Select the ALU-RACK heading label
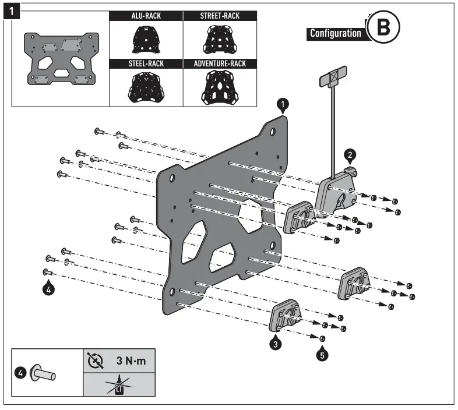pyautogui.click(x=145, y=16)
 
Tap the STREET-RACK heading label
pyautogui.click(x=220, y=16)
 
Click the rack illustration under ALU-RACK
pyautogui.click(x=145, y=40)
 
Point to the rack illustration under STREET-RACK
pyautogui.click(x=220, y=40)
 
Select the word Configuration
pyautogui.click(x=335, y=33)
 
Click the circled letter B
pyautogui.click(x=383, y=27)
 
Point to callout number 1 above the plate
pyautogui.click(x=282, y=105)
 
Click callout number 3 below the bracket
pyautogui.click(x=276, y=344)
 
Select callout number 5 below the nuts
pyautogui.click(x=321, y=353)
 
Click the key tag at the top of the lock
pyautogui.click(x=331, y=77)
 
